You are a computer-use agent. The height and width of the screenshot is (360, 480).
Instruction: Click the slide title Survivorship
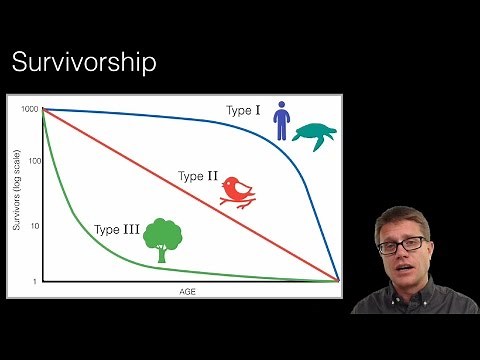click(83, 63)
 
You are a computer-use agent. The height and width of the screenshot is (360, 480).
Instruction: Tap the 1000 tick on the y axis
click(28, 109)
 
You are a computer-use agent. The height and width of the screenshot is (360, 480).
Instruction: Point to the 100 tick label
click(31, 160)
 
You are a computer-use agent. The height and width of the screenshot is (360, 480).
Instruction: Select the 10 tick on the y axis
click(33, 227)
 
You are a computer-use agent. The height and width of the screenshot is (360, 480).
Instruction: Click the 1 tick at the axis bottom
click(35, 282)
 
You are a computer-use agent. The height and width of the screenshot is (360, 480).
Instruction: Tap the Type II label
click(197, 176)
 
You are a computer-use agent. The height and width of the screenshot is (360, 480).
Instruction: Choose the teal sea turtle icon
click(319, 133)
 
